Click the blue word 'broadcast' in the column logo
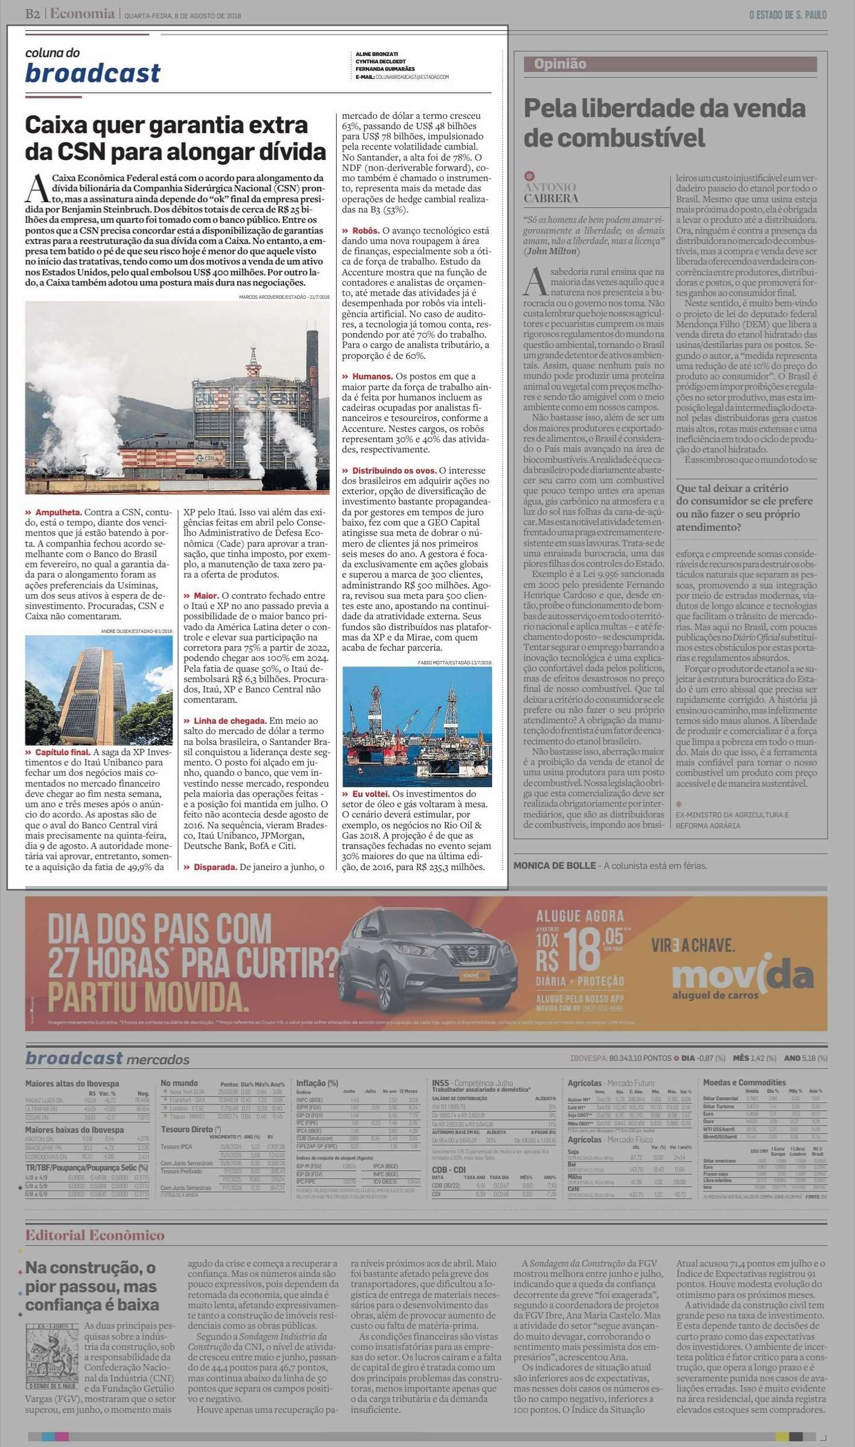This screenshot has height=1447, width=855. click(x=93, y=73)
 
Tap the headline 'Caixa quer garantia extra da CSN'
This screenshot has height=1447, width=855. click(x=175, y=138)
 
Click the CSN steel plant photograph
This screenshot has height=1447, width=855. click(x=177, y=397)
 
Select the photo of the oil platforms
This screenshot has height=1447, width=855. click(x=416, y=726)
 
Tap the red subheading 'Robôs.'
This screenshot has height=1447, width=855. click(x=366, y=230)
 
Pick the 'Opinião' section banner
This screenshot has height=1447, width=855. click(x=560, y=64)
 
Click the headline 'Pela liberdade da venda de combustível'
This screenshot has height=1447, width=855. click(x=664, y=123)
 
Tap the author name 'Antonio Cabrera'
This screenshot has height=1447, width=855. click(x=550, y=192)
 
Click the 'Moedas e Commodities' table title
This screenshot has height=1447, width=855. click(x=744, y=1083)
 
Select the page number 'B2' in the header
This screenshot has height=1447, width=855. click(x=33, y=14)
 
